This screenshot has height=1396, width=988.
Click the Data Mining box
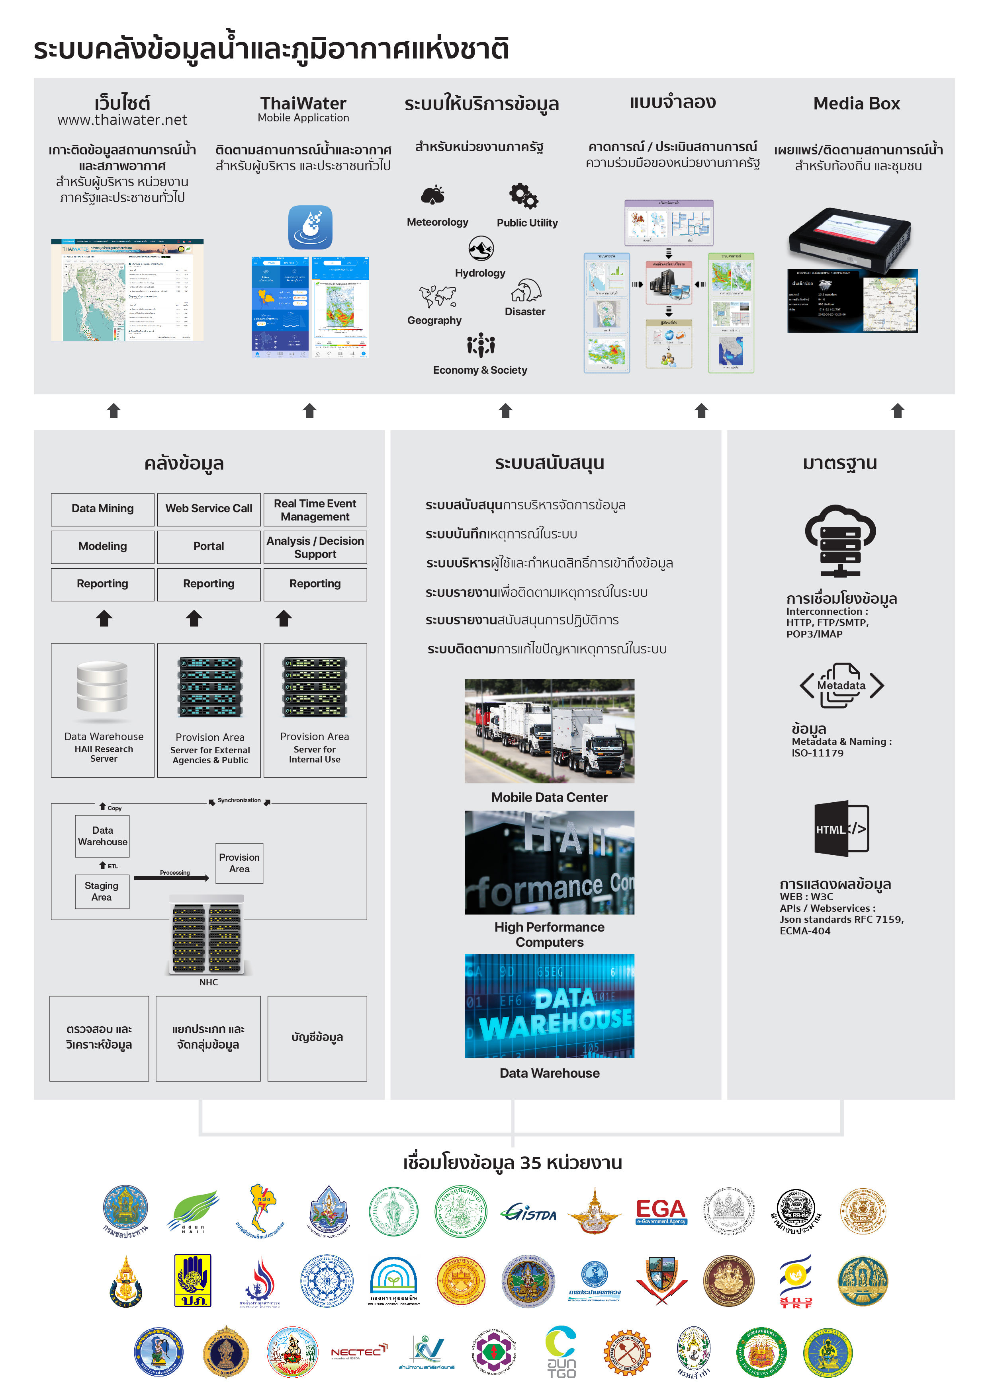click(x=102, y=509)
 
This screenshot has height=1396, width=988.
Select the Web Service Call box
click(x=209, y=509)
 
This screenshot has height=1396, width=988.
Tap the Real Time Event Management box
click(x=315, y=509)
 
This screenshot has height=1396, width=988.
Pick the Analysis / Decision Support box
click(x=315, y=547)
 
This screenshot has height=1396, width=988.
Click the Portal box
click(x=209, y=547)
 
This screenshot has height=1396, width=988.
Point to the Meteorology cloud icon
click(x=433, y=195)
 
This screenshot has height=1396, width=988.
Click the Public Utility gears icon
click(x=524, y=196)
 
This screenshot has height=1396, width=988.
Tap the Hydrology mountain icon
click(x=481, y=248)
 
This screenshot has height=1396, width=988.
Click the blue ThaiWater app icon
click(x=310, y=227)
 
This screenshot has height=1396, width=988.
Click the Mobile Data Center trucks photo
click(x=550, y=731)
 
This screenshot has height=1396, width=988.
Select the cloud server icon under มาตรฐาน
click(x=840, y=540)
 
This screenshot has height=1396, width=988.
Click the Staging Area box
click(x=102, y=891)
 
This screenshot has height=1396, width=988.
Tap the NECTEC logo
click(x=359, y=1351)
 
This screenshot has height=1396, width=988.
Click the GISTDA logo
click(x=529, y=1213)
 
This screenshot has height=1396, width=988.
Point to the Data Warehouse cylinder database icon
click(x=102, y=687)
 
